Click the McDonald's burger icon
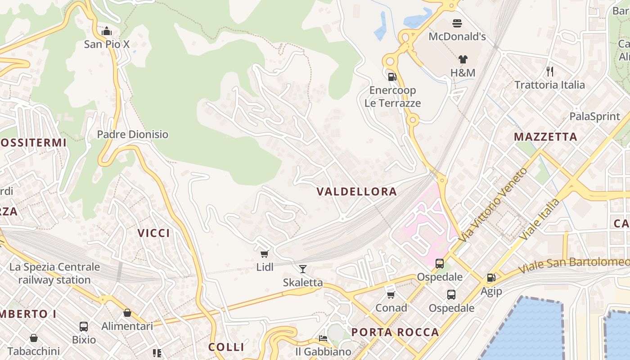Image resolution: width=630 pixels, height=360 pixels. click(x=457, y=23)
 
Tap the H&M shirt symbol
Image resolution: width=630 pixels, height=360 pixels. click(x=463, y=59)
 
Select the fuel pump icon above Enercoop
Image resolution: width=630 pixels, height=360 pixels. click(x=392, y=76)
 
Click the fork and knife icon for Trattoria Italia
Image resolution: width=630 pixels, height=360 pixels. click(x=549, y=71)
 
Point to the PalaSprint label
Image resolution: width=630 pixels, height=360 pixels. click(x=594, y=117)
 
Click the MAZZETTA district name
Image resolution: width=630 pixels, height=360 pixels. click(x=545, y=137)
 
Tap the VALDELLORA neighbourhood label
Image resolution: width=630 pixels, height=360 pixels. click(x=356, y=192)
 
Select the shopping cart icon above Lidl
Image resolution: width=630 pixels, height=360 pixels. click(x=265, y=254)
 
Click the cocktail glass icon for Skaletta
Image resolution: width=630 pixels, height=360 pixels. click(x=303, y=269)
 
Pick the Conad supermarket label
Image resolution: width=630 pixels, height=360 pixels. click(x=391, y=308)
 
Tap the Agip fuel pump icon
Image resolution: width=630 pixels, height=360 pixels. click(x=491, y=278)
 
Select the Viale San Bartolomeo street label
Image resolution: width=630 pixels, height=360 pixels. click(x=573, y=265)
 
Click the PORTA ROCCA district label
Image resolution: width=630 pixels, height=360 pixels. click(x=395, y=333)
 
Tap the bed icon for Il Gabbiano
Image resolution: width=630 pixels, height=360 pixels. click(x=323, y=338)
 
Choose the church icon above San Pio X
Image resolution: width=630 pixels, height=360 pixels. click(x=107, y=31)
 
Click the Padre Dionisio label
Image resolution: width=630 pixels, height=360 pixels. click(x=133, y=135)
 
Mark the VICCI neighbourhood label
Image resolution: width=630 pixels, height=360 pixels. click(x=154, y=233)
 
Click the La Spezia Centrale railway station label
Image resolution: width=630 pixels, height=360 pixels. click(x=54, y=274)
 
